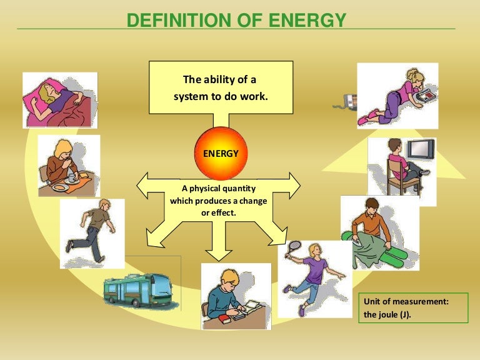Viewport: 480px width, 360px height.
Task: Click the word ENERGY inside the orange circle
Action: coord(216,152)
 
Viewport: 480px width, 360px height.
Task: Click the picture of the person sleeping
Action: coord(59,99)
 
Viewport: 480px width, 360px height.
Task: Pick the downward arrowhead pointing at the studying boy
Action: coord(217,254)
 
